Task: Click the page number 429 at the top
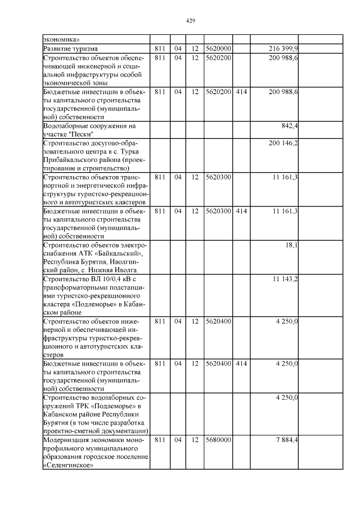[x=190, y=21]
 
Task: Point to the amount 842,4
[x=290, y=125]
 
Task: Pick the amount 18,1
[x=292, y=245]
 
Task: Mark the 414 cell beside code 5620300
[x=242, y=211]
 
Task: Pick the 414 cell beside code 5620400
[x=242, y=363]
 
